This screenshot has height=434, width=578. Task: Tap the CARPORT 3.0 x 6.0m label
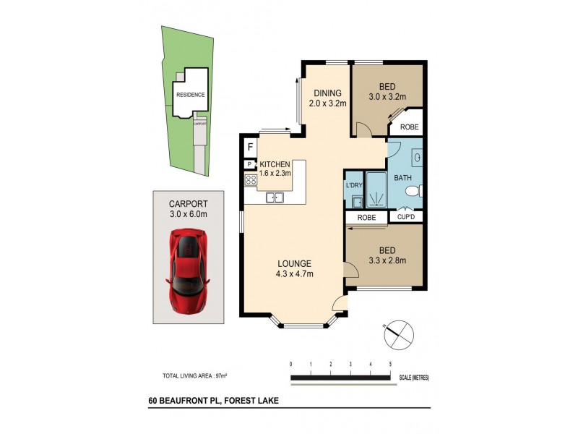pos(187,209)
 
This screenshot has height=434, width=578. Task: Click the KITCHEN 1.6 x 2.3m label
pos(275,168)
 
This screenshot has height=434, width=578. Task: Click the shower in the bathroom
pos(377,192)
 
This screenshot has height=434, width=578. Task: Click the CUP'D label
pos(406,216)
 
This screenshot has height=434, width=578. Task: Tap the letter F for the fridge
pos(250,147)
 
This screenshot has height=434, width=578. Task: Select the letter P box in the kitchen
pos(249,164)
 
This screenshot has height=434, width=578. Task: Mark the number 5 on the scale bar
pos(390,364)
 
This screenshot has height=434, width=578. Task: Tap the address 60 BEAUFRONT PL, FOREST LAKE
pos(214,400)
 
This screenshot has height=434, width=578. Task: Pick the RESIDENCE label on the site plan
pos(190,95)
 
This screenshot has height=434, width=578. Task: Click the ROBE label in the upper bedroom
pos(410,127)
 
